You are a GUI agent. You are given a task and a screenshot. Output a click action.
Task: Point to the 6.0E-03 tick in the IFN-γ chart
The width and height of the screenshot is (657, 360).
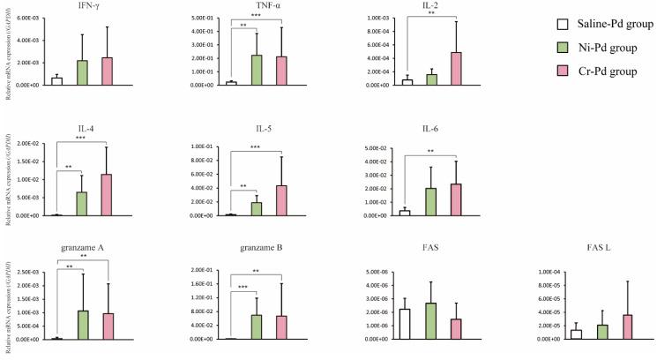click(x=26, y=18)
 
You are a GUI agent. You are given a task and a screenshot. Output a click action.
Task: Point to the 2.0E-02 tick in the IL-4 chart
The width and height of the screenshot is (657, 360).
click(x=26, y=143)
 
